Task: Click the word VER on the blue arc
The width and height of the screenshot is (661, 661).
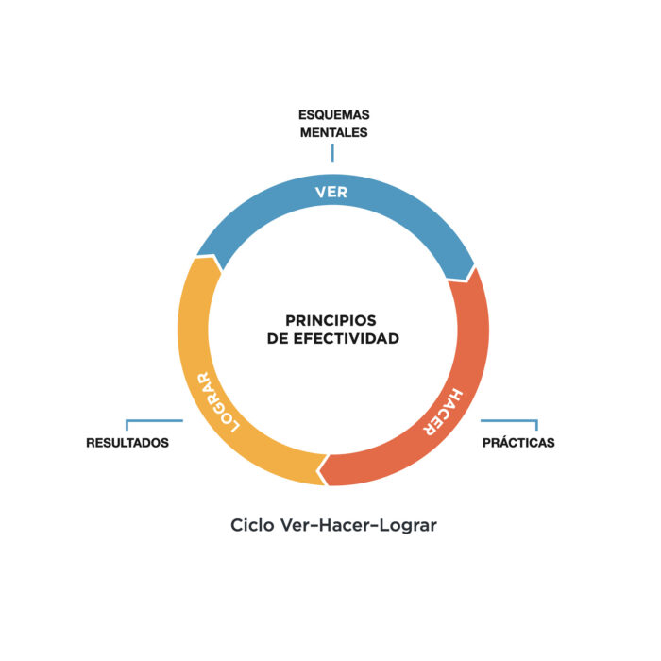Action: coord(332,193)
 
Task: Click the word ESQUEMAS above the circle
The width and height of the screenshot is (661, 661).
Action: coord(333,115)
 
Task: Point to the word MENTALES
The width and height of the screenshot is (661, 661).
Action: coord(333,133)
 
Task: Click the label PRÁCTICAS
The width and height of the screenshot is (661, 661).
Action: coord(518,442)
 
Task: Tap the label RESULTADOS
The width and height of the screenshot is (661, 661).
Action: coord(127,442)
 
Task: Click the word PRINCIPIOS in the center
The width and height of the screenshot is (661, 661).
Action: coord(331,320)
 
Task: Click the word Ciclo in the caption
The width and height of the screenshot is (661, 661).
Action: coord(252,525)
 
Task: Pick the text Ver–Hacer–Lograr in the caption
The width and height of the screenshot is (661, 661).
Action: coord(359,525)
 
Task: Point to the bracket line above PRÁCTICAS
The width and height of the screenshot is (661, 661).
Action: coord(510,421)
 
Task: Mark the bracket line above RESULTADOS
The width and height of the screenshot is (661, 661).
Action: coord(153,421)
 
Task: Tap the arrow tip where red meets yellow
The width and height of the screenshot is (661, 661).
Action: coord(323,467)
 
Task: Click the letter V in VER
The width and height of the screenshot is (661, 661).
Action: coord(320,193)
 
